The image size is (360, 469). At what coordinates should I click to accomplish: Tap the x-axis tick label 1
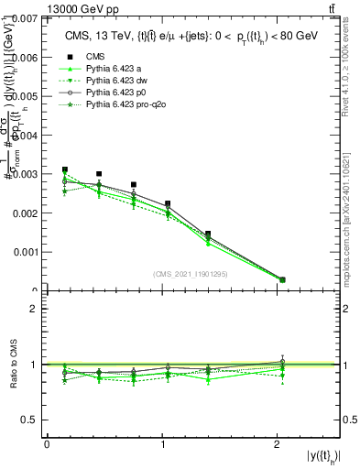tap(163, 444)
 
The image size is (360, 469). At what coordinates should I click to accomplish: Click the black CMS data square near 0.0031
tap(65, 169)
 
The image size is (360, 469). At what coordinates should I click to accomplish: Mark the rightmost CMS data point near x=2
tap(282, 279)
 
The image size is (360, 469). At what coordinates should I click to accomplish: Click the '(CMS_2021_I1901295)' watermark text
tap(191, 274)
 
